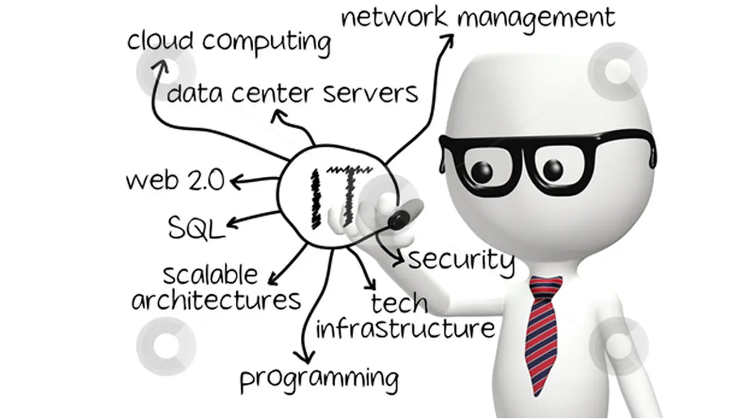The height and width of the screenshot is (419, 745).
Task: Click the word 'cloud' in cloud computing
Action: coord(160,41)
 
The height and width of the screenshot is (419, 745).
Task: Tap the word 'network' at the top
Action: coord(395,17)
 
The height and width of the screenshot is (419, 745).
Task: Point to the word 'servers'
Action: coord(371,94)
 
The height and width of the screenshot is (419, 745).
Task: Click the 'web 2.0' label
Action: coord(175,180)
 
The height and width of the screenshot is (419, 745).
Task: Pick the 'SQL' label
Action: coord(197,228)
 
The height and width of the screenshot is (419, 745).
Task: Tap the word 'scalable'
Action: coord(210,275)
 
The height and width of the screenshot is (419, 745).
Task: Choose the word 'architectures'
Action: coord(216,300)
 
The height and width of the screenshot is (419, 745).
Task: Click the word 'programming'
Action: coord(320,380)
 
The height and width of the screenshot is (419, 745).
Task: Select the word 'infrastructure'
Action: coord(405,329)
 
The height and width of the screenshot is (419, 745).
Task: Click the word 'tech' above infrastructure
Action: coord(399,303)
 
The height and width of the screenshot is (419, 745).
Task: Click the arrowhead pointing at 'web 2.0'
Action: coord(236,182)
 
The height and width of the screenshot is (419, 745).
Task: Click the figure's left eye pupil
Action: coord(481,172)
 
